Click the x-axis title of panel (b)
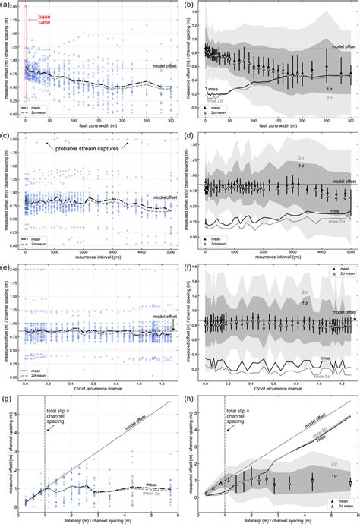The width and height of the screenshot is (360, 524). point(277,129)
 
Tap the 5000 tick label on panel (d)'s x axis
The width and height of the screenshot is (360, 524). point(351,250)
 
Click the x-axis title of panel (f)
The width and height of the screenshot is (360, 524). point(277,386)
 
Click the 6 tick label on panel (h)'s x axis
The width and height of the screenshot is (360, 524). point(351,507)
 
